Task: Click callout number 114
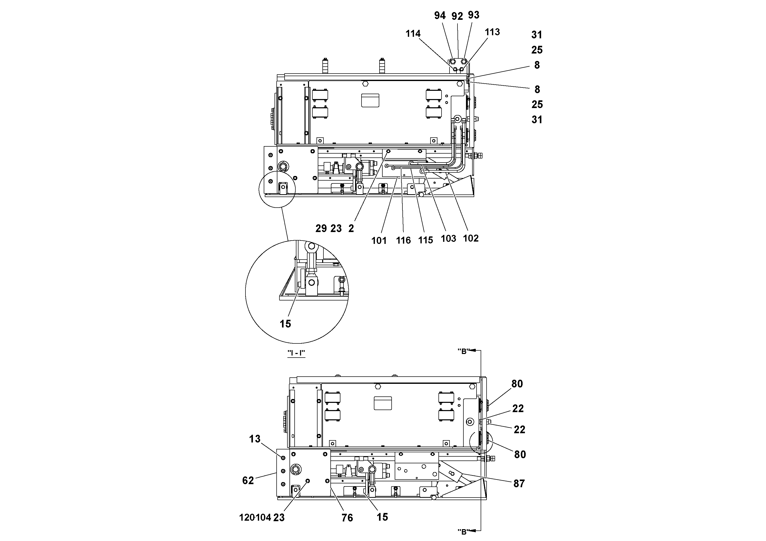413,34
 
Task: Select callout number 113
492,32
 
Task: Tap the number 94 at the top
440,15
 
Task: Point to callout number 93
473,15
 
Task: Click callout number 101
379,241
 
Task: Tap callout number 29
321,228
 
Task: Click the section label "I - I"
296,353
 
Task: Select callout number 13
254,439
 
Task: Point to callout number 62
248,480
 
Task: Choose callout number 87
519,484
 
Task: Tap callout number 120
247,517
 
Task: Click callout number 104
263,517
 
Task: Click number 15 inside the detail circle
285,324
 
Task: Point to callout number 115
425,240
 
